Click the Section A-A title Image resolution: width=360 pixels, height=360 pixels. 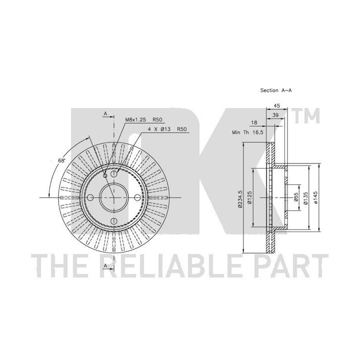(275, 90)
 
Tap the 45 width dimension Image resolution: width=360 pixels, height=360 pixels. (277, 105)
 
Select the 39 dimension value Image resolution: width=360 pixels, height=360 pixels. (275, 115)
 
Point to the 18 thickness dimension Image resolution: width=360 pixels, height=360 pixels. (254, 122)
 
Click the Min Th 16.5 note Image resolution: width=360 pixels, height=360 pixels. (247, 132)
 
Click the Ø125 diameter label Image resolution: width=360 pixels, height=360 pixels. (250, 197)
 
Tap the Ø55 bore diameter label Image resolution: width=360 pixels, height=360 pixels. (296, 197)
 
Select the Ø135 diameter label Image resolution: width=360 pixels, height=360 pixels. (305, 197)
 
